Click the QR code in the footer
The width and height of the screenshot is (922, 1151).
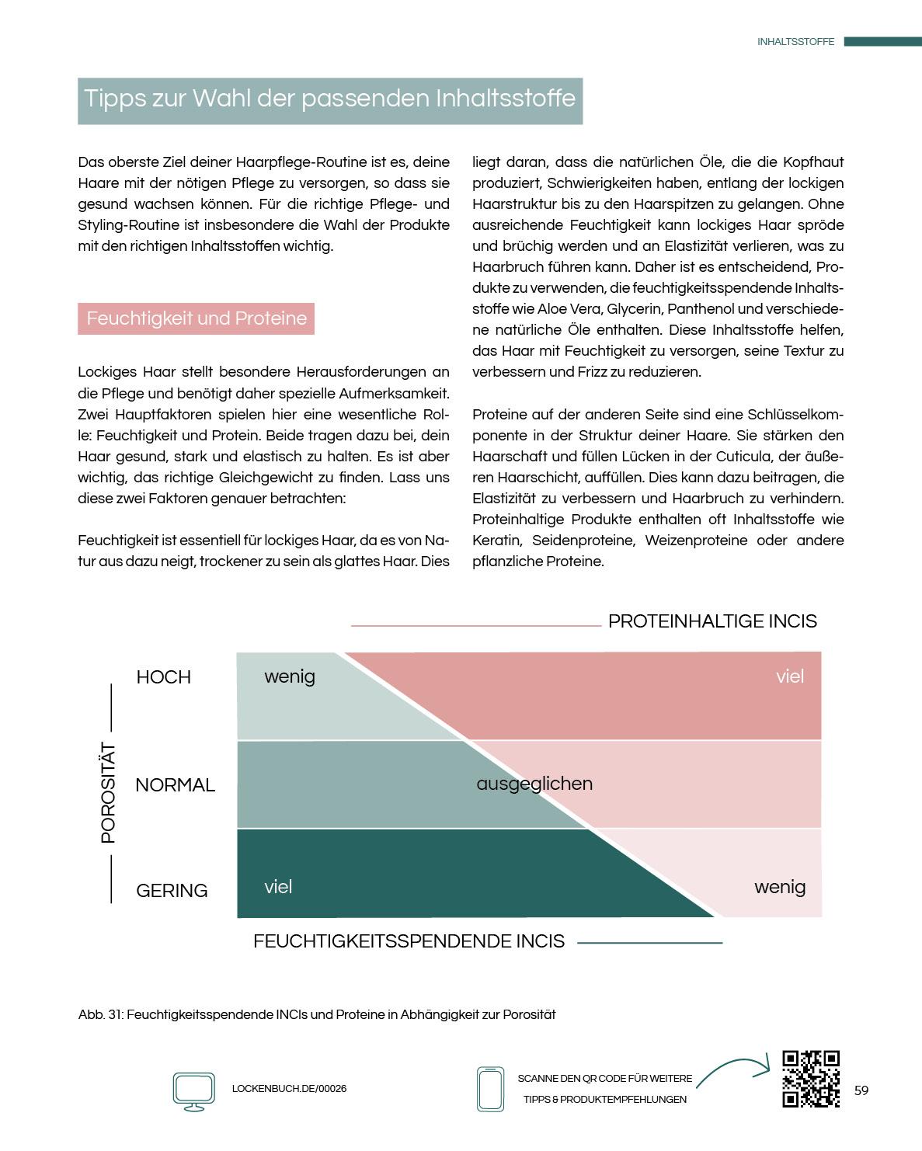811,1078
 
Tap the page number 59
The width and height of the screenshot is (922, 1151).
861,1090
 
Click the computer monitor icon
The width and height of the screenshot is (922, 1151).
193,1090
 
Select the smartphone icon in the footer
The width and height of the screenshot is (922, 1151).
490,1089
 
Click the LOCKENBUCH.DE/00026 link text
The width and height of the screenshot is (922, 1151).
289,1089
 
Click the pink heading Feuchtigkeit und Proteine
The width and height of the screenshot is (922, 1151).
196,318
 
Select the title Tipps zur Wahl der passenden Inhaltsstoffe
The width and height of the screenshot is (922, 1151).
329,99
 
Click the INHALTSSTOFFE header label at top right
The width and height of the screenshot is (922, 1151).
795,42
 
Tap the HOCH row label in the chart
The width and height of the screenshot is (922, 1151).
163,677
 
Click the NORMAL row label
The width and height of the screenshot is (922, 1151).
175,785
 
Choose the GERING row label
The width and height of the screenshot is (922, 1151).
172,891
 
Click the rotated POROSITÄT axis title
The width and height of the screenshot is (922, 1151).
108,793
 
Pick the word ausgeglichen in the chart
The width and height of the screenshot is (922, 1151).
534,784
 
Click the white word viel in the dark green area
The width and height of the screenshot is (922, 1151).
278,887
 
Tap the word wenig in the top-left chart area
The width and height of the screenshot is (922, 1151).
290,676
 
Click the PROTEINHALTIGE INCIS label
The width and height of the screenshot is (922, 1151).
712,621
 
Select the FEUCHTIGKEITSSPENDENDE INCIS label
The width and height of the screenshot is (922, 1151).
409,941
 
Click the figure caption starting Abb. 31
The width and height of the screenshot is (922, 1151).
317,1014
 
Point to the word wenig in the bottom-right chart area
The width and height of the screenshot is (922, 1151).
780,887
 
